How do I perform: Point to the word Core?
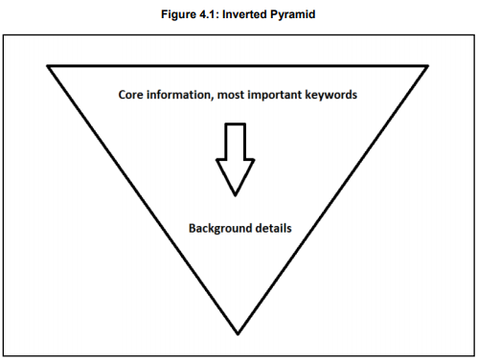(x=132, y=98)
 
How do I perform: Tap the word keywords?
(x=335, y=98)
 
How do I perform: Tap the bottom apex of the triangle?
(x=238, y=334)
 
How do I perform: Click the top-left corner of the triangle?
(x=48, y=66)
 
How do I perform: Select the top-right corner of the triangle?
(x=428, y=66)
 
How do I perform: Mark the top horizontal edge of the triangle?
(x=238, y=66)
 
